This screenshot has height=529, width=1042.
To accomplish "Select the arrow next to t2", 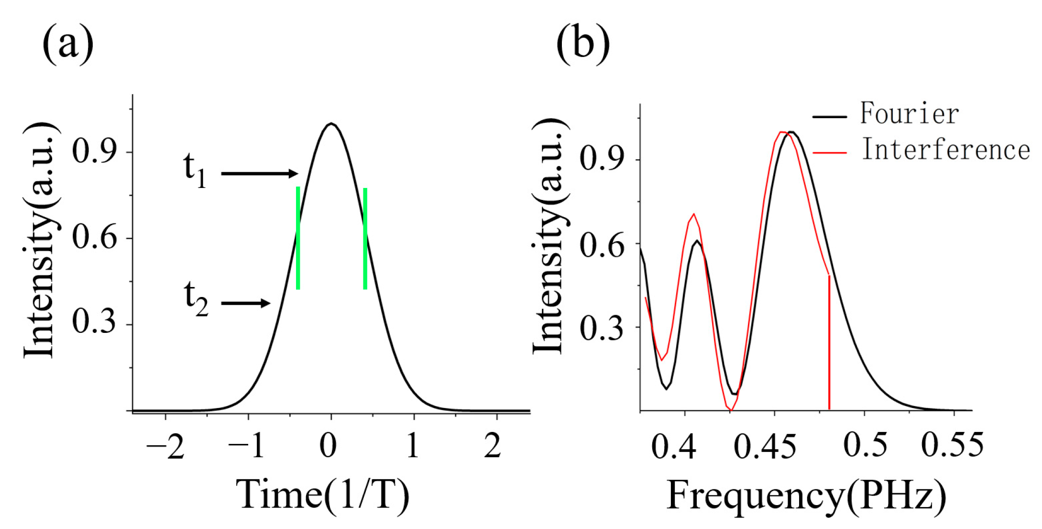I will [x=246, y=303].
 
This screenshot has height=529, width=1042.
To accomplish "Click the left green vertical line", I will [x=298, y=238].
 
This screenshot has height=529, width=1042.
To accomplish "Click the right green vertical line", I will [x=365, y=238].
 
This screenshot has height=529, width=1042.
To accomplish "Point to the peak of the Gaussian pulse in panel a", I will [x=331, y=124].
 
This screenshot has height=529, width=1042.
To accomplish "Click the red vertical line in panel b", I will [x=829, y=342].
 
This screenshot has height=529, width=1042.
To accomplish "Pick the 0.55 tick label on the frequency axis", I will [x=952, y=445].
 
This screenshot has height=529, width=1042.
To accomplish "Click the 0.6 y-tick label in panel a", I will [x=94, y=237].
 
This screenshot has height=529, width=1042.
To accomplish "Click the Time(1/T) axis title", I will [x=323, y=495].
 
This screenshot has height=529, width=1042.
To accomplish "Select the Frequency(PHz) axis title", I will [x=806, y=496].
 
